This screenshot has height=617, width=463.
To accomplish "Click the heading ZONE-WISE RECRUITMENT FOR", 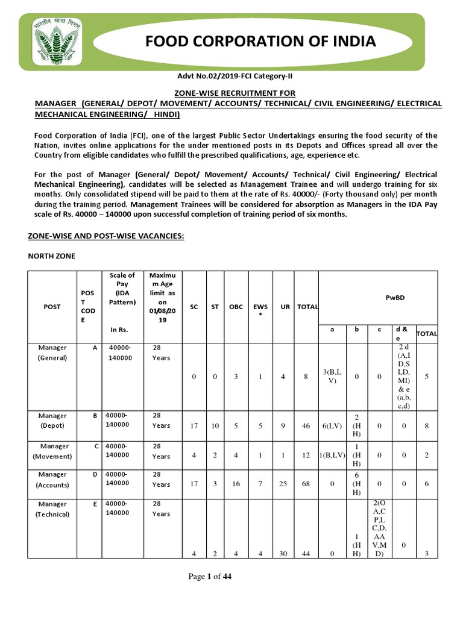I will (235, 93).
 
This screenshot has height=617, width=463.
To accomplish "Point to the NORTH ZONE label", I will (52, 255).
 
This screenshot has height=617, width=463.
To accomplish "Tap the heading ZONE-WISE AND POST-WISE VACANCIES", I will (106, 236).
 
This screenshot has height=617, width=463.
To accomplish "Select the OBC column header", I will (236, 307).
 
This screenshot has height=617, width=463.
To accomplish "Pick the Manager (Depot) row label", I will (52, 421).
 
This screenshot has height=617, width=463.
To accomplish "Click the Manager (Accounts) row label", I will (52, 479).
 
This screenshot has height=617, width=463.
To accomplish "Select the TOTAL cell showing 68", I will (306, 484).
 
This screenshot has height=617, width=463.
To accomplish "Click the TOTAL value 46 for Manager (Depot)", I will (306, 426).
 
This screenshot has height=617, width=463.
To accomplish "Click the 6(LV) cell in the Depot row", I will (332, 426).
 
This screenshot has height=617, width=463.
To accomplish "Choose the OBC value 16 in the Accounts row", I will (236, 484).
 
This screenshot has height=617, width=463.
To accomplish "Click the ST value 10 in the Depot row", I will (215, 426).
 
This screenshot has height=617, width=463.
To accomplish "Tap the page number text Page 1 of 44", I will (210, 577).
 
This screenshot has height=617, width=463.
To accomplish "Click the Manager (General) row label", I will (52, 352).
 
